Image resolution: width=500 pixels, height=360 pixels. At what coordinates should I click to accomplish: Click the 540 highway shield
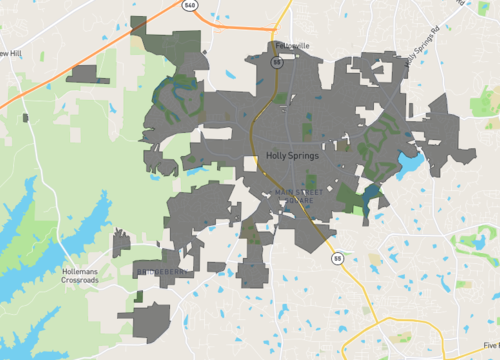coord(189,6)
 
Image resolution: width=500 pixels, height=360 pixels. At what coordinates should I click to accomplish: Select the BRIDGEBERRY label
coord(159,271)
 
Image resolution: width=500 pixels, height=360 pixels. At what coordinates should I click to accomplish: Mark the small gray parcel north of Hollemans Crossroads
coord(121,243)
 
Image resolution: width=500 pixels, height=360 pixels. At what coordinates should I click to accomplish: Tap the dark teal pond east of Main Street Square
coord(372,193)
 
